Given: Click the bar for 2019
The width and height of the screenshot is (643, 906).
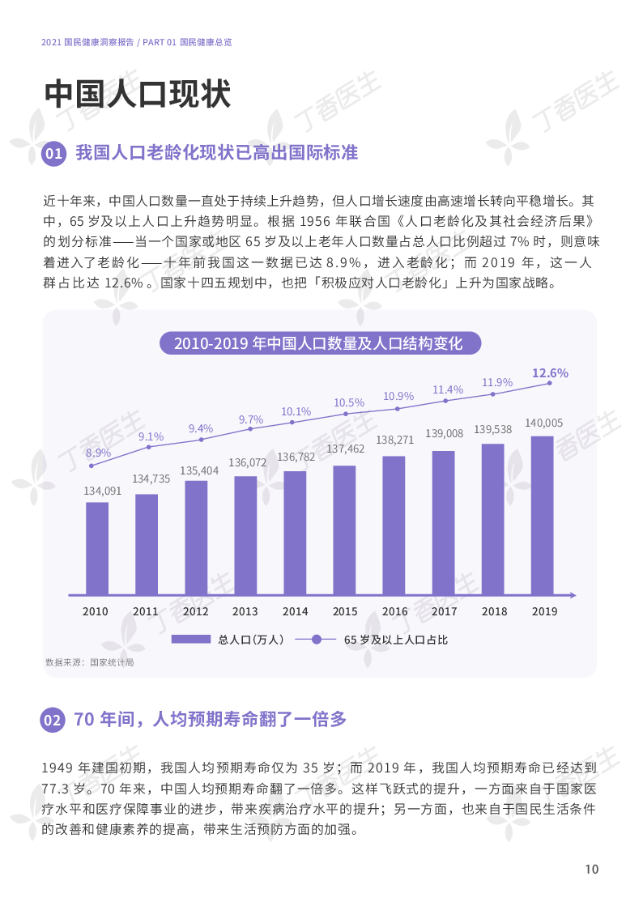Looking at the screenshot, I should (542, 515).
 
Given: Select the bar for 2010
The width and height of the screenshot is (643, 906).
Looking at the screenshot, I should (97, 548).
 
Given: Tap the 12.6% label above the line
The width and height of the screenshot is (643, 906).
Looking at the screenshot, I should (550, 373).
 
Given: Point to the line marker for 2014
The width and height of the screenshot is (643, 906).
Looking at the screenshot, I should (296, 423).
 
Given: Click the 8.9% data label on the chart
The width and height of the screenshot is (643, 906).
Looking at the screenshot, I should (98, 453).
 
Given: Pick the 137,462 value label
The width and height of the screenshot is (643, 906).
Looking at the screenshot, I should (344, 448).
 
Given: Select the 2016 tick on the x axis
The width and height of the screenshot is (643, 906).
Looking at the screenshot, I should (394, 611).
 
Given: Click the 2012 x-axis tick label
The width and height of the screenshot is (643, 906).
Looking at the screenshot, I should (195, 611).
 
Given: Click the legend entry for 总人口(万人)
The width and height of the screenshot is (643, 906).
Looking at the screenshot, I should (228, 640).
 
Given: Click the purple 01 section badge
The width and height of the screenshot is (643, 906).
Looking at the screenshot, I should (53, 154).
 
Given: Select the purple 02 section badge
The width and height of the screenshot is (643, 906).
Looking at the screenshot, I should (53, 720).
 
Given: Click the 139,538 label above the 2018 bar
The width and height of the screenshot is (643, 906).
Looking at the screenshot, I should (492, 429).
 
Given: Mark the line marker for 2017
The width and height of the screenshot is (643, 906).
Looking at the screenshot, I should (445, 401).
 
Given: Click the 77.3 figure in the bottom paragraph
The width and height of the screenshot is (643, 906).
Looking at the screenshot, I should (54, 787).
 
